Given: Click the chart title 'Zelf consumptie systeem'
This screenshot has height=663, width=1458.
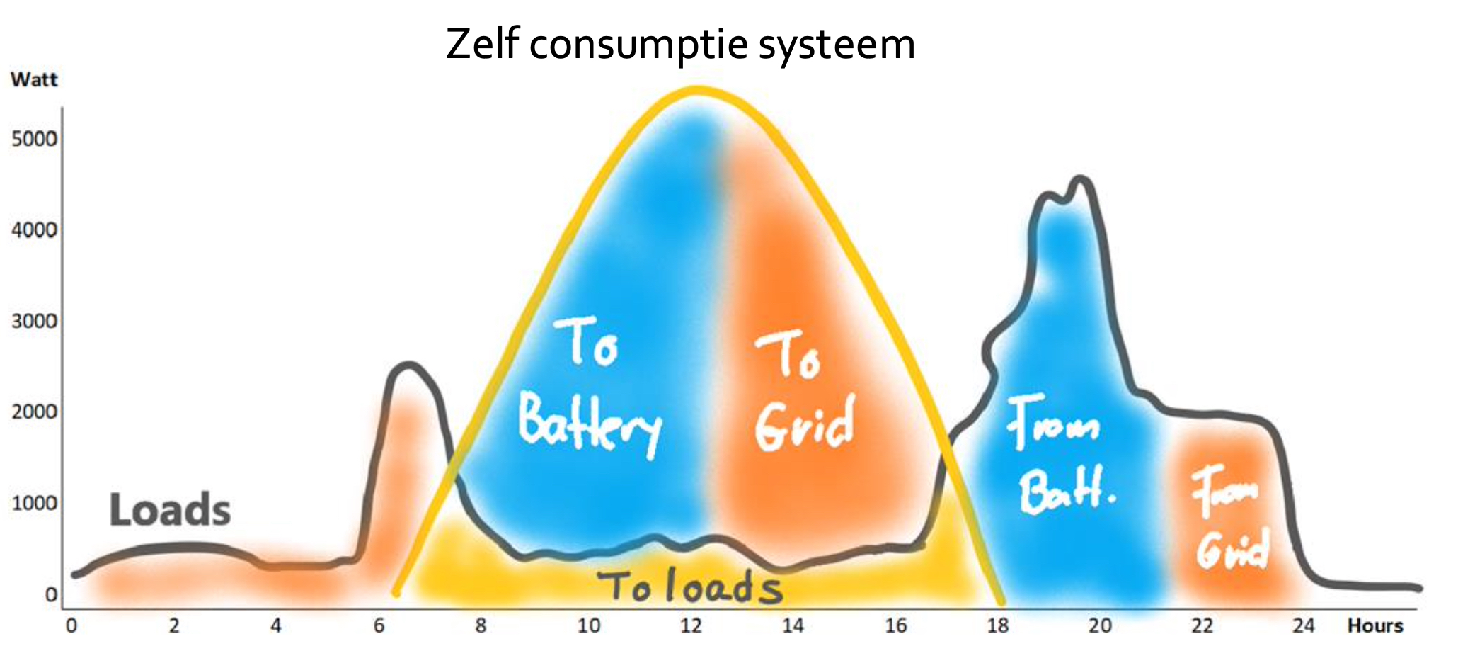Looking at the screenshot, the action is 680,45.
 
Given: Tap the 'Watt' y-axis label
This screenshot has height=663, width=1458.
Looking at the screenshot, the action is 34,79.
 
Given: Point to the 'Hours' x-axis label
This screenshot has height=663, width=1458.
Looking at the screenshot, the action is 1375,625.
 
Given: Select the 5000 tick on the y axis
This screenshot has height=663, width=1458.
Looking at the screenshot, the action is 34,138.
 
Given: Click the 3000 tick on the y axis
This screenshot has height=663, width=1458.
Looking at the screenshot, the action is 34,321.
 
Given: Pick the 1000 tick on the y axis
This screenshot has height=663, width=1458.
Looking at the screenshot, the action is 34,503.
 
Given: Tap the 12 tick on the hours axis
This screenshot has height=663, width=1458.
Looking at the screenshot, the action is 691,625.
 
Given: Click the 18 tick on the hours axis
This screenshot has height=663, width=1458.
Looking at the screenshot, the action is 998,625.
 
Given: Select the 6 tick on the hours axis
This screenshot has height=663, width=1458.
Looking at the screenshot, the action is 379,625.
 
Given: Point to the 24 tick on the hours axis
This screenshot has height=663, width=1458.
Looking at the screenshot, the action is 1304,625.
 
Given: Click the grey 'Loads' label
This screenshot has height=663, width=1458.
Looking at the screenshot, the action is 170,510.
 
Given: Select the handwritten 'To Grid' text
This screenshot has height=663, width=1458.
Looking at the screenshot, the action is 805,390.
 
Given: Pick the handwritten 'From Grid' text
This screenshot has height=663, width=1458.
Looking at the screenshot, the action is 1230,517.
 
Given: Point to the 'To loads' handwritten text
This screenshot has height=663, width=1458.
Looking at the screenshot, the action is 690,586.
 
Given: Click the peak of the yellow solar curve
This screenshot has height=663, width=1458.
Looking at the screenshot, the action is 697,90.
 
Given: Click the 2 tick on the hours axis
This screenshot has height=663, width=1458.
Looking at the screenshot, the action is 174,625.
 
